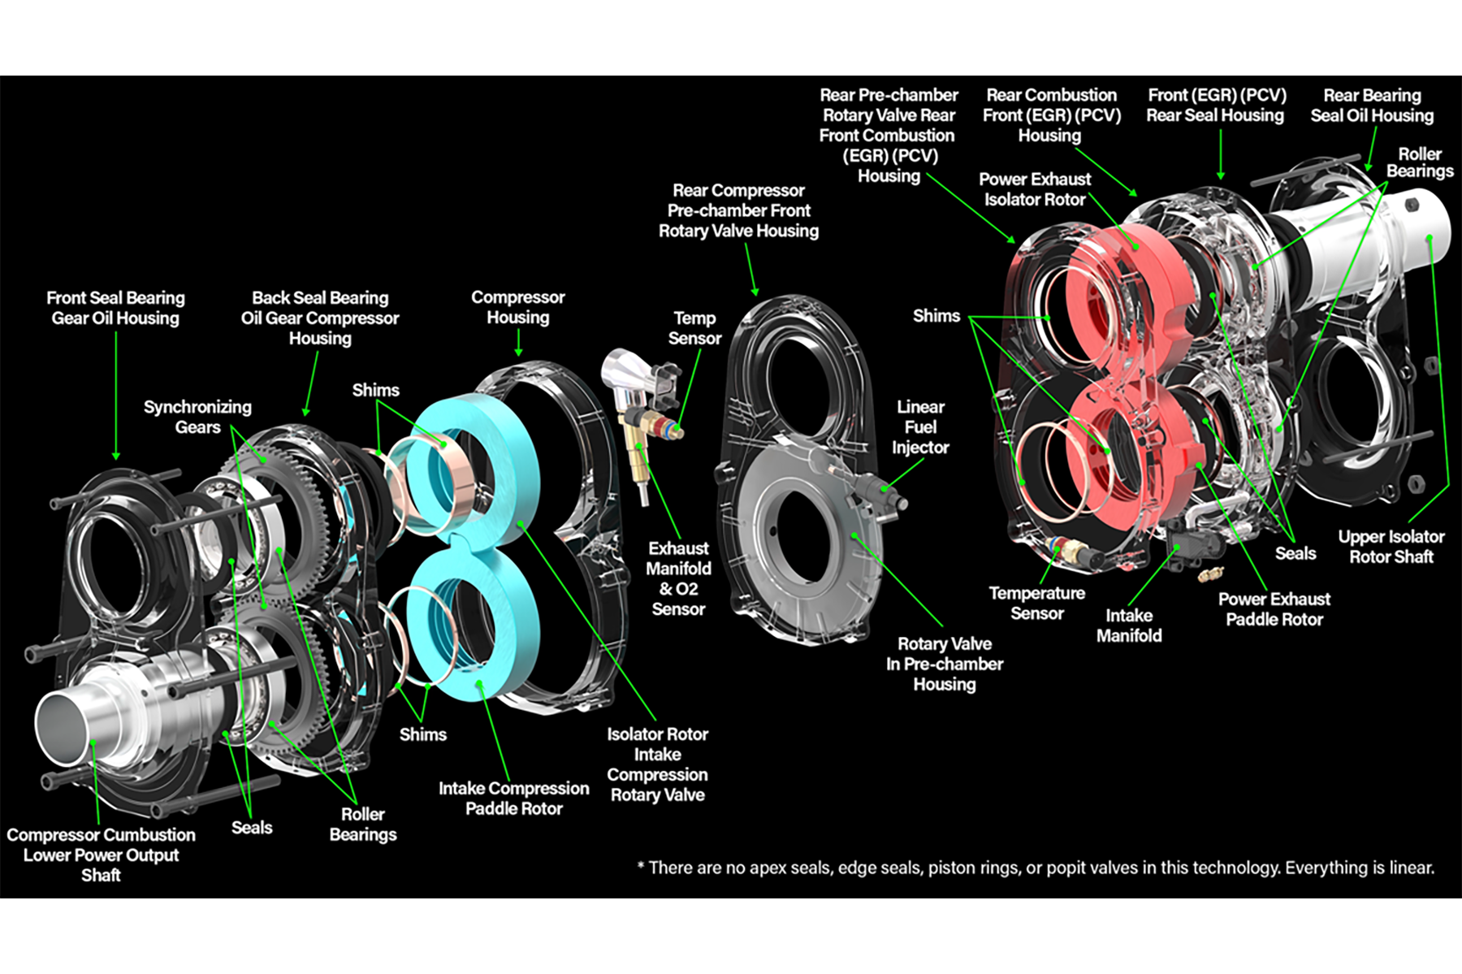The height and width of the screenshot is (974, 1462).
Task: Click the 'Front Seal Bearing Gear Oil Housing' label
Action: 115,308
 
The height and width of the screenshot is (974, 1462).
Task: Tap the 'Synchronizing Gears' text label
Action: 197,417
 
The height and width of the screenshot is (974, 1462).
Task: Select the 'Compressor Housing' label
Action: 517,307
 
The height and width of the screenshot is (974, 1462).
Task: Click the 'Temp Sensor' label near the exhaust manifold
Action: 694,328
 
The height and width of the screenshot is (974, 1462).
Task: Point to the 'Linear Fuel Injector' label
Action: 919,427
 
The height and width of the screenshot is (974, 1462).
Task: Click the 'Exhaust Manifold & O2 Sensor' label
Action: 678,578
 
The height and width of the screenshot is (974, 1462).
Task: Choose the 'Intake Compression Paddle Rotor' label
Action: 513,798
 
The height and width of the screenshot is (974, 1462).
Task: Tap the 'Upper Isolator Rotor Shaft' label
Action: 1391,547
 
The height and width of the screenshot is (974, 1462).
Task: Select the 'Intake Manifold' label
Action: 1128,626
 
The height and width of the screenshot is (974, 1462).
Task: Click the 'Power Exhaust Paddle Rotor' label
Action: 1274,609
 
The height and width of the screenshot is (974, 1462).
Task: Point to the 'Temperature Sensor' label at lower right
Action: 1036,603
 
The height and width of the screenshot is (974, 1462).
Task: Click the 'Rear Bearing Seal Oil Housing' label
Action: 1371,106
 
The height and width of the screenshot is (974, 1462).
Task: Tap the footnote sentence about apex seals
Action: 1036,868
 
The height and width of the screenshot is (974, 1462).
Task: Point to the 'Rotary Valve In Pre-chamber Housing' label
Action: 944,664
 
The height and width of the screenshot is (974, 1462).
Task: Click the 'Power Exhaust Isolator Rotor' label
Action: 1034,189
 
